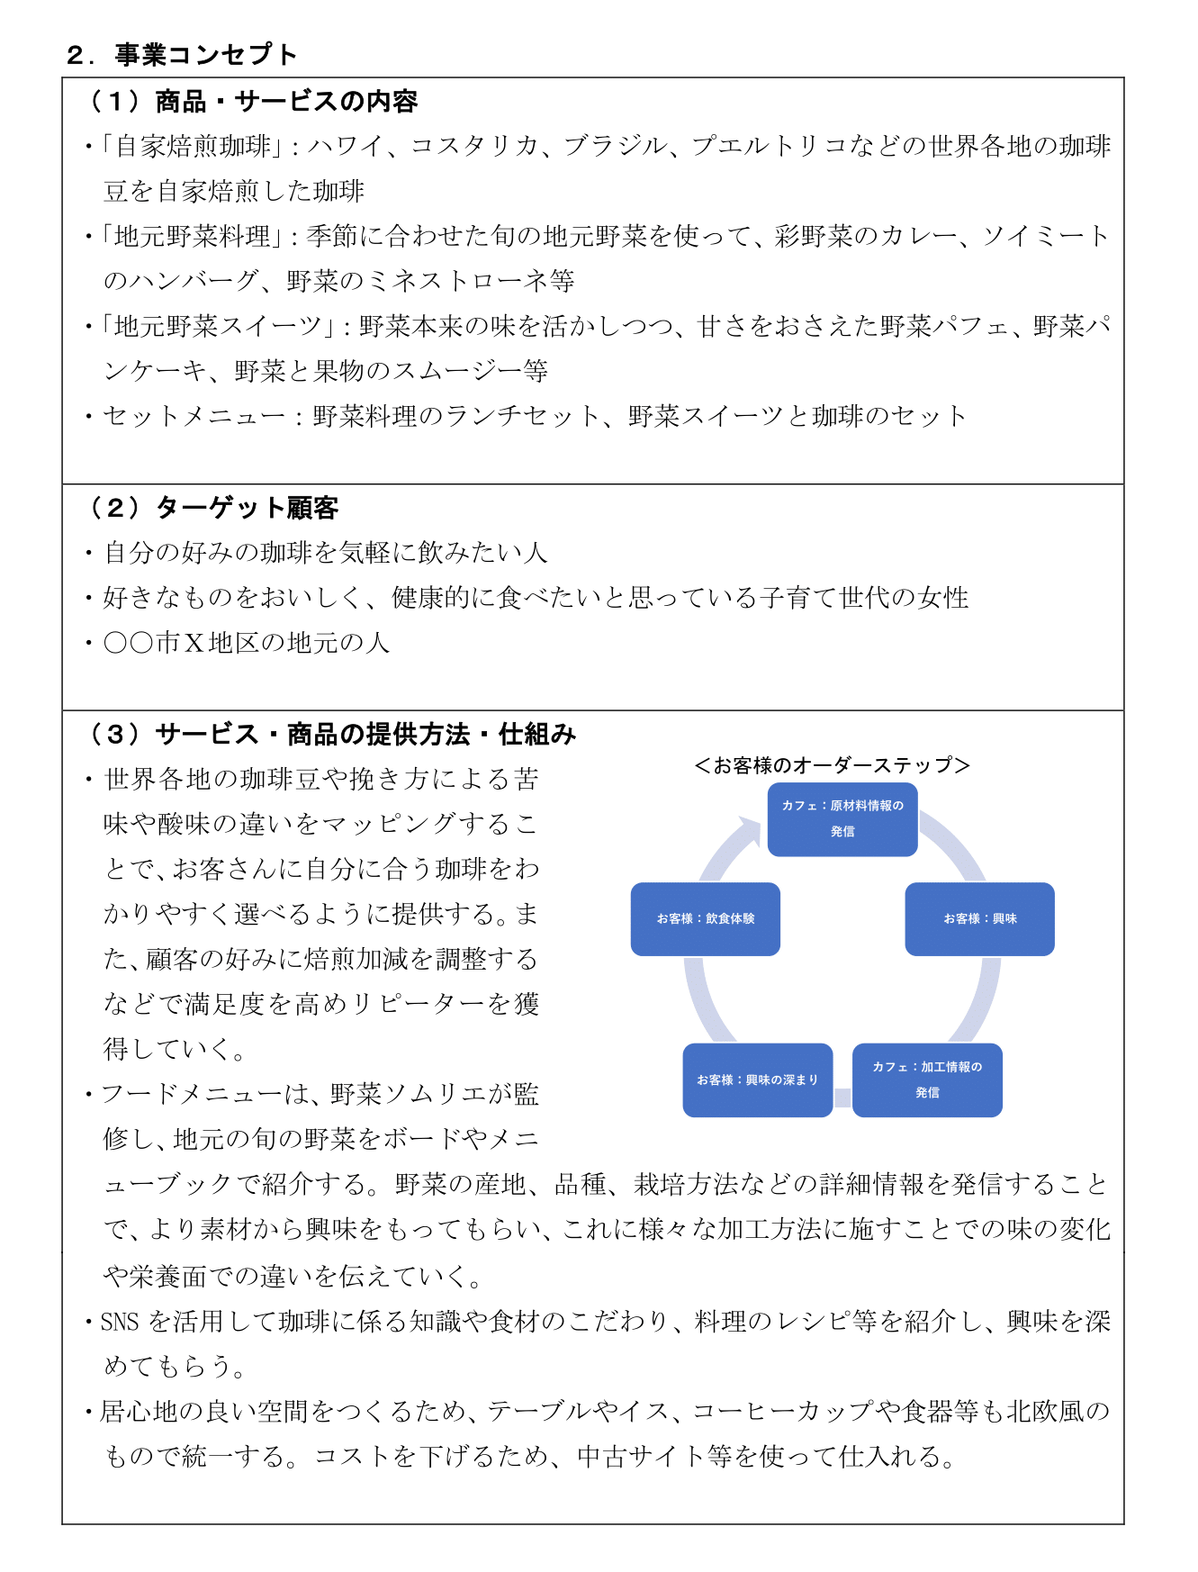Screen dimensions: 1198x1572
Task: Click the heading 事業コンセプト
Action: [206, 55]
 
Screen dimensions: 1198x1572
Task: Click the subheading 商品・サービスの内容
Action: [286, 102]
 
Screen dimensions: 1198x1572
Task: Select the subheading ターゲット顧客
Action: [248, 509]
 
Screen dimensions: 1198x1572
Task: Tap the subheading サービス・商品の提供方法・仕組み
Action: [365, 735]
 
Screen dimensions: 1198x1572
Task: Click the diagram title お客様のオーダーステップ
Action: [833, 765]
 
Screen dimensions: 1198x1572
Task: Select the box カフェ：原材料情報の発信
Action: [842, 819]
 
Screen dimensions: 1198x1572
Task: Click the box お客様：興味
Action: [980, 919]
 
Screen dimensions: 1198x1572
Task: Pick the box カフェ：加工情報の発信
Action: [927, 1080]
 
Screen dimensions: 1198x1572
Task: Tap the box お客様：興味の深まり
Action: [758, 1080]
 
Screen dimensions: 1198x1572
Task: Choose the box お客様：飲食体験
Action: [706, 919]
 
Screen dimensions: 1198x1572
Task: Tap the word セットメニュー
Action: [194, 416]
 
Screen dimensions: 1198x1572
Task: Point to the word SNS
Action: [120, 1322]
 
